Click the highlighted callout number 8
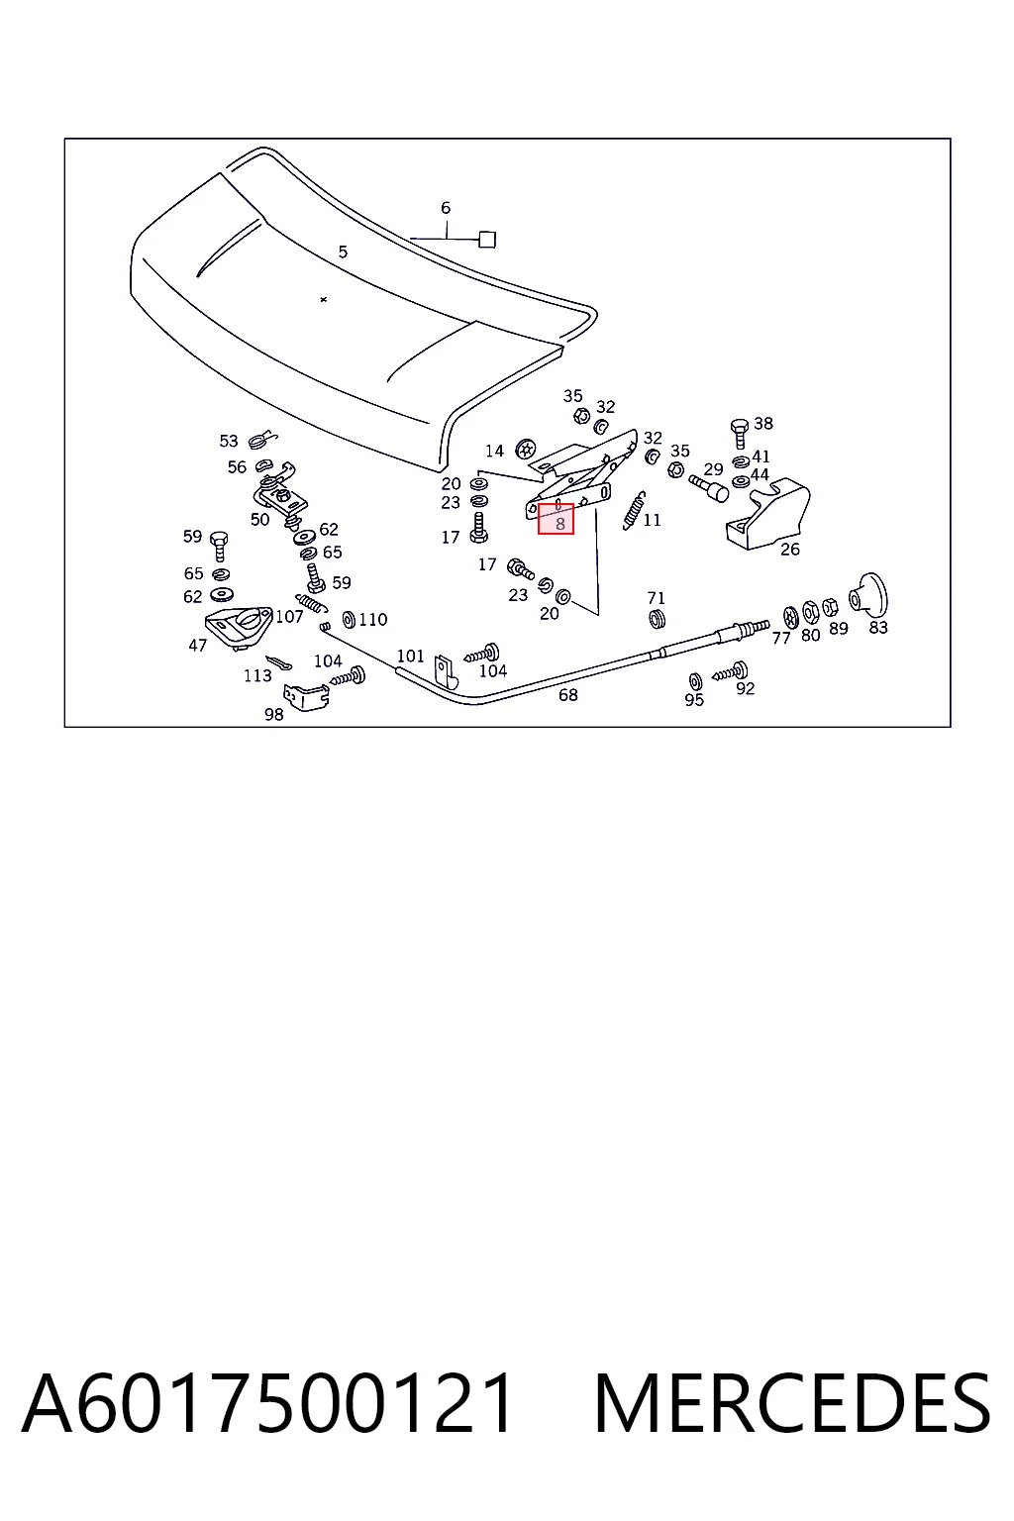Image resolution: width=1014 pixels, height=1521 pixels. click(x=560, y=524)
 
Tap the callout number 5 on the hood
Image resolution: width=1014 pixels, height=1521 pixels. click(x=343, y=252)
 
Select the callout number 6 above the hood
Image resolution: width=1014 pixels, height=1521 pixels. click(x=446, y=208)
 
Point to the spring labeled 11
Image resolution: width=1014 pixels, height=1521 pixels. click(x=634, y=509)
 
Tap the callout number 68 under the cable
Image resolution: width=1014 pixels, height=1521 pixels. click(x=567, y=694)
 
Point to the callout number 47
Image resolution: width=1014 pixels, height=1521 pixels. click(x=198, y=645)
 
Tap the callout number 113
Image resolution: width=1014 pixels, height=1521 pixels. click(x=258, y=675)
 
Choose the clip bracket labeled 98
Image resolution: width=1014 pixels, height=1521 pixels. click(x=307, y=697)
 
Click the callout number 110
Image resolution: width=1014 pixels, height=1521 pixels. click(x=373, y=619)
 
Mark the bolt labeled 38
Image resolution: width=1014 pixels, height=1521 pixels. click(x=739, y=433)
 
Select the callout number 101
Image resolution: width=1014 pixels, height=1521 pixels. click(x=410, y=656)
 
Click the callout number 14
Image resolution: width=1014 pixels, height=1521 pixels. click(x=494, y=451)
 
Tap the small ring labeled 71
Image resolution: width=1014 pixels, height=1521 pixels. click(x=657, y=619)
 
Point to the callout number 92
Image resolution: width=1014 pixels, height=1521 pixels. click(x=745, y=688)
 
